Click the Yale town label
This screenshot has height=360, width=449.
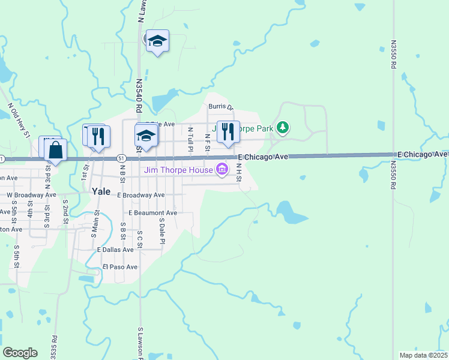point(101,191)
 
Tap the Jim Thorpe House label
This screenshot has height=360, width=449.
point(179,170)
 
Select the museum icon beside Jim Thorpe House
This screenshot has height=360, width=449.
point(223,170)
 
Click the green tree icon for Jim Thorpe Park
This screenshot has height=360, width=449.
point(283,128)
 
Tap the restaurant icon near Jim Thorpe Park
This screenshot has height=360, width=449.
point(228,131)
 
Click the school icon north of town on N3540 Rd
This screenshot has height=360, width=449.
point(157,41)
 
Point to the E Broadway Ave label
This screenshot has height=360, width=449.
point(141,195)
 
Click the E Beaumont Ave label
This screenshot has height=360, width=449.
point(152,213)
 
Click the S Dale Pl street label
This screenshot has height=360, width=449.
point(161,230)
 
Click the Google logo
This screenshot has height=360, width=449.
point(20,353)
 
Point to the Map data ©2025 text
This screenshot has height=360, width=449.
point(423,355)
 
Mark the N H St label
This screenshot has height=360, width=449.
point(238,173)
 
